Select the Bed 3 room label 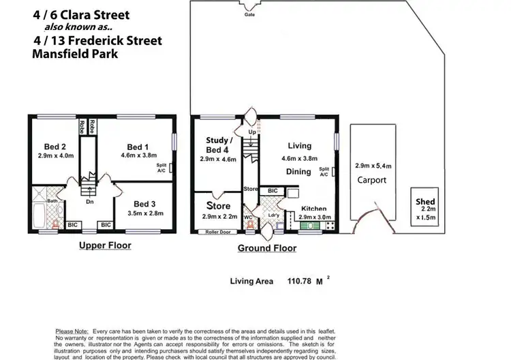[x=144, y=204]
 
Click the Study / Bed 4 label [x=220, y=145]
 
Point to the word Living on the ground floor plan [x=299, y=146]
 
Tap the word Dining [x=299, y=172]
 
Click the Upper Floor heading [x=105, y=245]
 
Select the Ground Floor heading [x=266, y=248]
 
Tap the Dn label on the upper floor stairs [x=89, y=202]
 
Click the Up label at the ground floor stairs [x=251, y=132]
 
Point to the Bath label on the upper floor [x=52, y=201]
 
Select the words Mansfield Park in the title [x=74, y=52]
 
